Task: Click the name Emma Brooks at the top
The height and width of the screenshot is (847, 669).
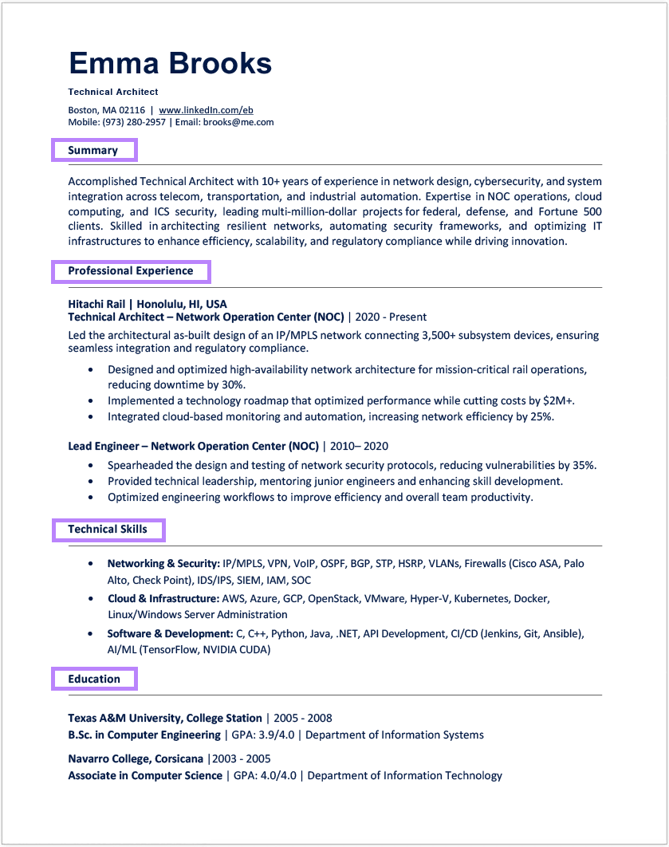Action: [x=170, y=63]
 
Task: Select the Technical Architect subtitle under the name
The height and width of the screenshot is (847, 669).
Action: [x=113, y=92]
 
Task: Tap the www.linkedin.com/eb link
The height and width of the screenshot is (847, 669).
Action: [x=206, y=110]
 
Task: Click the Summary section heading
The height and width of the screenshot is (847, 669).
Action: [x=93, y=150]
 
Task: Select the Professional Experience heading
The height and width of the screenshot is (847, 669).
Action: [x=131, y=271]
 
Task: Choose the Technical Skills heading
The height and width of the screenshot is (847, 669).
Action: [x=108, y=530]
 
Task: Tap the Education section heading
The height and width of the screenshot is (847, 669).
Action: [x=94, y=680]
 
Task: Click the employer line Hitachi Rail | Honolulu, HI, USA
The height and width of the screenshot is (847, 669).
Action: [x=148, y=304]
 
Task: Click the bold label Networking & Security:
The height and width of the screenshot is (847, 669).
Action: [x=163, y=563]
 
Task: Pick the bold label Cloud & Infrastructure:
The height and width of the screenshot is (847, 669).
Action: [x=163, y=598]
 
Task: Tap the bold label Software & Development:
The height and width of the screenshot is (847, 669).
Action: [x=170, y=633]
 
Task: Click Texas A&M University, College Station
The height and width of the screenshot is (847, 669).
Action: [x=165, y=718]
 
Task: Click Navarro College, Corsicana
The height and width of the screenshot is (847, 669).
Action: [x=136, y=758]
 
